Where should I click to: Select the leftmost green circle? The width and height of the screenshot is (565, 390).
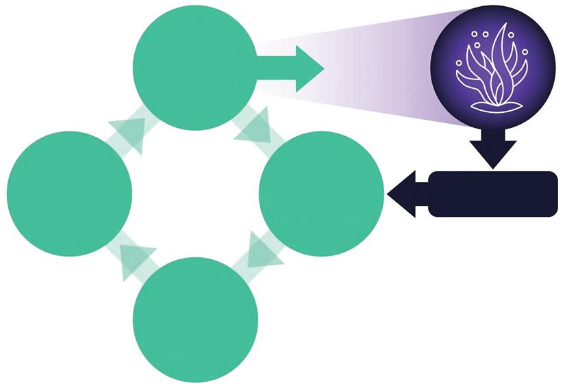tap(69, 194)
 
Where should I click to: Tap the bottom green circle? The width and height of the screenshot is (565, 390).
tap(197, 320)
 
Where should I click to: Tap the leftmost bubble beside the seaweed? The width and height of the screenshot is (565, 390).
tap(459, 63)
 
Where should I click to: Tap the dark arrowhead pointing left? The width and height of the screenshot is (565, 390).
tap(404, 194)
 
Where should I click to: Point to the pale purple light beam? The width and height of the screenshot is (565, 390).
tap(384, 75)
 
